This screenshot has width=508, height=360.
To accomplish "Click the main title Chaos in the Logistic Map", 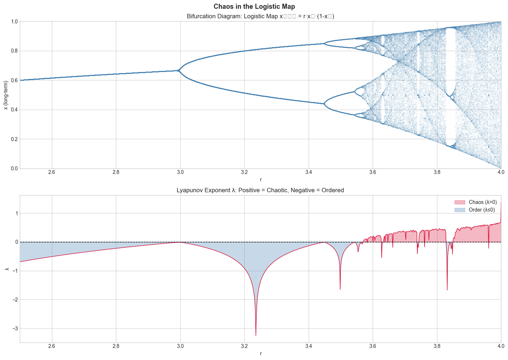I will [254, 7].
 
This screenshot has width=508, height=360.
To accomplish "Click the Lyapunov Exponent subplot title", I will [260, 190].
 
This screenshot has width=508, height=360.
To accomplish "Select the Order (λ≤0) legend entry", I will [475, 210].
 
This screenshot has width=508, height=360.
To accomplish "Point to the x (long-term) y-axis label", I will [5, 95].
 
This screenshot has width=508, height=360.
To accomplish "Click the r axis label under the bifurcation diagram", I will [260, 179].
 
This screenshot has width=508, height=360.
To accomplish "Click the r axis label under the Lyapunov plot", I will [260, 353].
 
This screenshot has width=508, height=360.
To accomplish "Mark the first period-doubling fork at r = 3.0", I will [179, 71].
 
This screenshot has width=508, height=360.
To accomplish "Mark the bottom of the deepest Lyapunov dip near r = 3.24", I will [256, 335].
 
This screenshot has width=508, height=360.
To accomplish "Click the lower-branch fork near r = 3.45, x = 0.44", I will [324, 104].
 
